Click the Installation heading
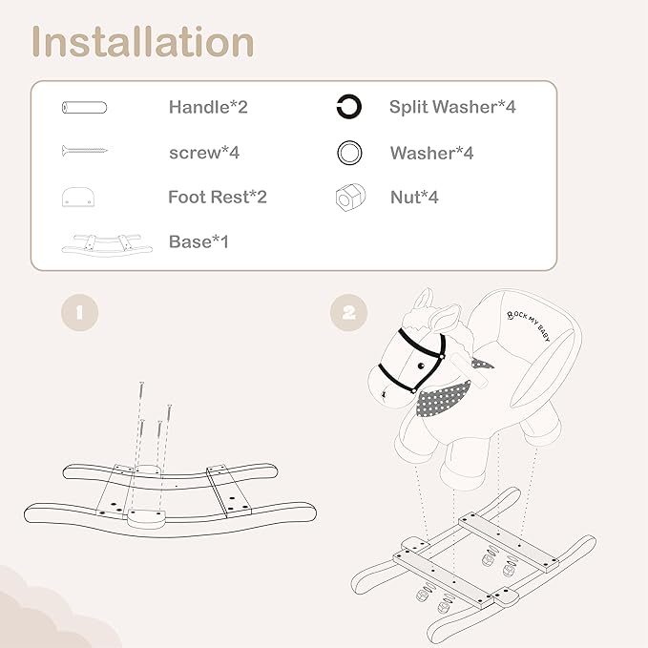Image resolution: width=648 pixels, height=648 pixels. pos(142,42)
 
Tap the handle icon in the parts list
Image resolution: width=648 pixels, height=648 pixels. pos(84,108)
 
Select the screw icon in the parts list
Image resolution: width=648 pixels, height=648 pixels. pos(85,151)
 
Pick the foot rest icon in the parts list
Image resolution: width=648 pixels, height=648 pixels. pos(78,198)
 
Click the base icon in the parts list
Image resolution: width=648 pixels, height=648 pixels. pos(107,244)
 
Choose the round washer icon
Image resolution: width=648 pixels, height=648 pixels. pos(349,153)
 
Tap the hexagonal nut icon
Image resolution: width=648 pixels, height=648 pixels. pos(350,198)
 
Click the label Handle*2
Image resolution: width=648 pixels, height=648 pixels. pos(208,107)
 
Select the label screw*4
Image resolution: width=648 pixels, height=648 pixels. pos(204,153)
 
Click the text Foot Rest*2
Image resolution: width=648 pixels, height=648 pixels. pos(218,198)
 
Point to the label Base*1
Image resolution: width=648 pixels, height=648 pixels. pos(199,241)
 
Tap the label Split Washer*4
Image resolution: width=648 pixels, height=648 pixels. pos(452,107)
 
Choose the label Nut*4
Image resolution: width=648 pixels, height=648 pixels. pos(414,198)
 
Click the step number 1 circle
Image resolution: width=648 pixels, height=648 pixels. pos(80,312)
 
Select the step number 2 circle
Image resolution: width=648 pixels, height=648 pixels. pos(348,312)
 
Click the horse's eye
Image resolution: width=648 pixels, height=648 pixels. pos(421,366)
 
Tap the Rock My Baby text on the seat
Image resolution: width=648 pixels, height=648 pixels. pos(529,326)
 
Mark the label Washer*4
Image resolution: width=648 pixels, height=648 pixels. pos(432,153)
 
